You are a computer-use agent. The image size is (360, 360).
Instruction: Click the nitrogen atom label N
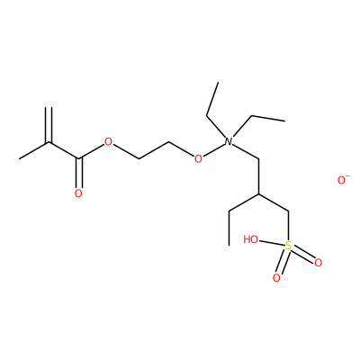click(x=229, y=141)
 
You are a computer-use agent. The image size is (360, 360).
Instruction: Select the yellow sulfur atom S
click(x=288, y=246)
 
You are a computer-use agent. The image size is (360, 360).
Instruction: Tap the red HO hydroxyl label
click(x=251, y=239)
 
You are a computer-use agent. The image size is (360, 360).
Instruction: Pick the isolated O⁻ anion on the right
click(x=343, y=180)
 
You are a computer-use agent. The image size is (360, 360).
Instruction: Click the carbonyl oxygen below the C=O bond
click(x=78, y=193)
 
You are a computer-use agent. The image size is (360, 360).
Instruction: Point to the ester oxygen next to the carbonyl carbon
click(x=108, y=141)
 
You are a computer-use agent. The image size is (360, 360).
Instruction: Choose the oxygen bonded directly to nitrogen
click(x=198, y=158)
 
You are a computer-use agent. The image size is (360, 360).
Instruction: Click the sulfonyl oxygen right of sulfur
click(x=319, y=263)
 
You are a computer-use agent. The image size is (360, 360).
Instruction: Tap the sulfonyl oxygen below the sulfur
click(x=276, y=278)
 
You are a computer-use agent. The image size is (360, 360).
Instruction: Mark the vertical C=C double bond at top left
click(x=49, y=124)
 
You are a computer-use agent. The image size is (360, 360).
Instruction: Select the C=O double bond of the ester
click(x=78, y=173)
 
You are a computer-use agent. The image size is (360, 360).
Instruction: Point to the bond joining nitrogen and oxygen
click(x=213, y=150)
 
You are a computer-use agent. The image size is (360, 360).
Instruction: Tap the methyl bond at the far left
click(x=34, y=150)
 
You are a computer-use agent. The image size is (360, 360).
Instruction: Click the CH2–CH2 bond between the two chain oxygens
click(x=154, y=150)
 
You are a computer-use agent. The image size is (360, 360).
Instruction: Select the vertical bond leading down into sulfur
click(x=288, y=226)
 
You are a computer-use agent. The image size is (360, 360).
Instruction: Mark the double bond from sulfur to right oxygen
click(x=303, y=255)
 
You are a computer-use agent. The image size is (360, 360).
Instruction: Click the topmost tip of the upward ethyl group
click(x=218, y=82)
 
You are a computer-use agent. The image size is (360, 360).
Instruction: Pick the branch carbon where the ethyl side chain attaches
click(x=258, y=194)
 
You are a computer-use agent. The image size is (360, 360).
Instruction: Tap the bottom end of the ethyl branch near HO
click(x=229, y=245)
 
